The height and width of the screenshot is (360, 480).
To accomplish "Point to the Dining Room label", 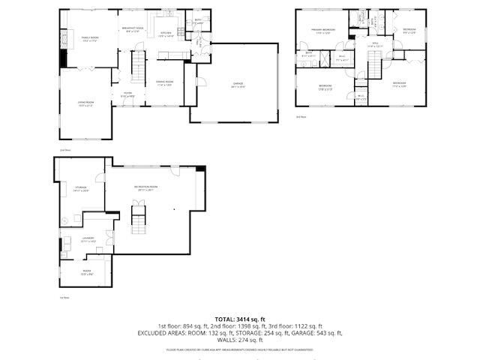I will click(x=164, y=82).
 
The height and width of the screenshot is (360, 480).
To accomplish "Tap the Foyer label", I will click(x=128, y=94).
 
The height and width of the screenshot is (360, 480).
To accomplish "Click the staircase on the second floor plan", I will click(x=138, y=69).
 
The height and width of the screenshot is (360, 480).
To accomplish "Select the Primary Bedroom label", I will click(x=323, y=31).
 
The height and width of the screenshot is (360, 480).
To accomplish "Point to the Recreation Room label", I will click(x=145, y=187).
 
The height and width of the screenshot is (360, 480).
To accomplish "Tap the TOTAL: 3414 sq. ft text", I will click(x=239, y=319).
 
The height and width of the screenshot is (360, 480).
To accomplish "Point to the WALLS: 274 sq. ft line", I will click(x=239, y=340).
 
